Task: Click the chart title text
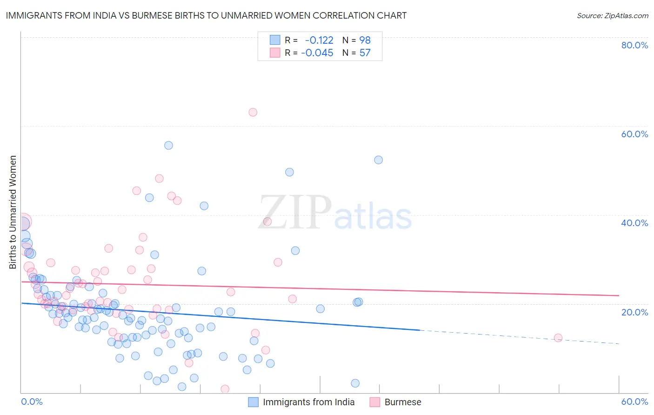click(206, 15)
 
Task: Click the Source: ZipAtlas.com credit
click(612, 15)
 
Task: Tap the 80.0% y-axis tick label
click(634, 45)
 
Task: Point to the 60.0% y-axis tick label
click(634, 134)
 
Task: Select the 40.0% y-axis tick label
click(634, 223)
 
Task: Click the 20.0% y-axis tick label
click(634, 312)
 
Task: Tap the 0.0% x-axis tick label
click(32, 402)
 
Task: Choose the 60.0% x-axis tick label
click(634, 402)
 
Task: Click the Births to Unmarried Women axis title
click(13, 212)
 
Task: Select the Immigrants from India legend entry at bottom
click(301, 402)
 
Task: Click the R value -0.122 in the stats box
click(319, 40)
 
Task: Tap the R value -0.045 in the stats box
click(317, 53)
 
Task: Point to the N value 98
click(365, 40)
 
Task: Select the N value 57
click(365, 53)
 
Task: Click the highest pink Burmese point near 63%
click(253, 112)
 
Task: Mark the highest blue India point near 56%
click(168, 145)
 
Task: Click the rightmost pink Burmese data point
click(558, 338)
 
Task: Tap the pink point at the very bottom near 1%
click(225, 389)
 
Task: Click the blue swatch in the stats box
click(275, 40)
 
